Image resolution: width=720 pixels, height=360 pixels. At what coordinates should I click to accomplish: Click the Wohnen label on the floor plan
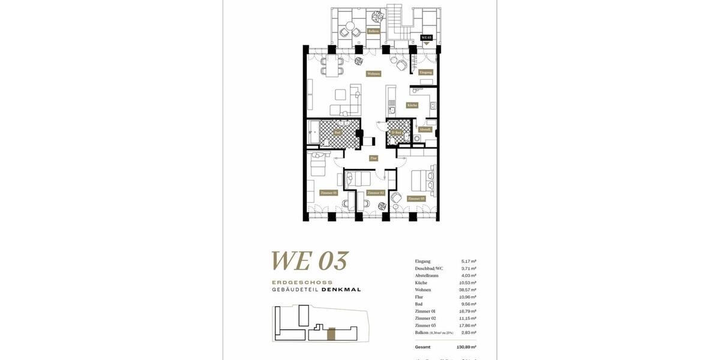373,74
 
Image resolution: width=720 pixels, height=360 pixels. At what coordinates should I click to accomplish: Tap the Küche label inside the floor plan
412,105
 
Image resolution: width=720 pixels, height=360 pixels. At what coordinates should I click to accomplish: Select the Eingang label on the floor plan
425,72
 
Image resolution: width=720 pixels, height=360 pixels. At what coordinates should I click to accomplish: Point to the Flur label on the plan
373,158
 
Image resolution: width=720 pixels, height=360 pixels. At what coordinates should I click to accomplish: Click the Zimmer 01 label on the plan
328,193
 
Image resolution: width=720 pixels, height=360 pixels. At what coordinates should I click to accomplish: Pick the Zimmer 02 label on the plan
375,193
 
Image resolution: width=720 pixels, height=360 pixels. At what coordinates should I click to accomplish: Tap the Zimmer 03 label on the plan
416,198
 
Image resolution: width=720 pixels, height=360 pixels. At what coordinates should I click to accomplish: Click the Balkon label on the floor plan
373,31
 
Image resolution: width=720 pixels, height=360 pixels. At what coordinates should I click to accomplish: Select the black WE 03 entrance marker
427,37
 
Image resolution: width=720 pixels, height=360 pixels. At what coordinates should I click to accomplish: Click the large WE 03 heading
309,261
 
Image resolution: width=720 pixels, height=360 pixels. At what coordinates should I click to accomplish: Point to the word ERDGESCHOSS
302,282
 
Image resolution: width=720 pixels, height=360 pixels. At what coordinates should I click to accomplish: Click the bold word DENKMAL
341,289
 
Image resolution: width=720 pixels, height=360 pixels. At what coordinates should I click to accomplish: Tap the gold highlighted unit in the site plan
332,334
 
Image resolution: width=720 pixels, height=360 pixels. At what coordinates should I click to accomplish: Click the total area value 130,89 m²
467,347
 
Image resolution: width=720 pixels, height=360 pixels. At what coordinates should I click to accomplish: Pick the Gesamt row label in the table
422,347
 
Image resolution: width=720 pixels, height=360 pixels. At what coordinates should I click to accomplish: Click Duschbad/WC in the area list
429,268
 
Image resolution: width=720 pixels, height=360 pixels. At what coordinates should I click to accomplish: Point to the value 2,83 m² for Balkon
469,332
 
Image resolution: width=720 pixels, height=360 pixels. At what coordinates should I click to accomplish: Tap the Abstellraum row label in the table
427,275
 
